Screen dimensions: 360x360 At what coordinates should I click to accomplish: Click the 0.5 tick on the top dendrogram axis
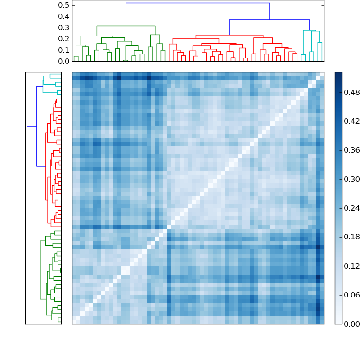pyautogui.click(x=64, y=5)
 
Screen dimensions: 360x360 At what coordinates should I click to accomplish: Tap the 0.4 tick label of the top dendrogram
pyautogui.click(x=64, y=17)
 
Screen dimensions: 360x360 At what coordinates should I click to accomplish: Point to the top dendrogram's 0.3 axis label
pyautogui.click(x=64, y=28)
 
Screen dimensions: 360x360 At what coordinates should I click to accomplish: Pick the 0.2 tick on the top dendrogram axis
pyautogui.click(x=64, y=39)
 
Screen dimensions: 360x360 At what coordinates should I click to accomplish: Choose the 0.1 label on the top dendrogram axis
pyautogui.click(x=64, y=50)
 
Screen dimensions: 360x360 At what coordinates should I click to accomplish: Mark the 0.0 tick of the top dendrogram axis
pyautogui.click(x=64, y=61)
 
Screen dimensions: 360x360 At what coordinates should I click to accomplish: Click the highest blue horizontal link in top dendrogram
pyautogui.click(x=198, y=3)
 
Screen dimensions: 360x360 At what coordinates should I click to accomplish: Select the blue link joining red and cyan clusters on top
pyautogui.click(x=269, y=20)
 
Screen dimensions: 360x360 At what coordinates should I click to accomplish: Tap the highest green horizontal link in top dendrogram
pyautogui.click(x=126, y=26)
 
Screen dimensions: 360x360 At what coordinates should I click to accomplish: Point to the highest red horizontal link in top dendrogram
pyautogui.click(x=229, y=35)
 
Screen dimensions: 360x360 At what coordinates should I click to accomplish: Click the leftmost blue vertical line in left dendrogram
pyautogui.click(x=27, y=198)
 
